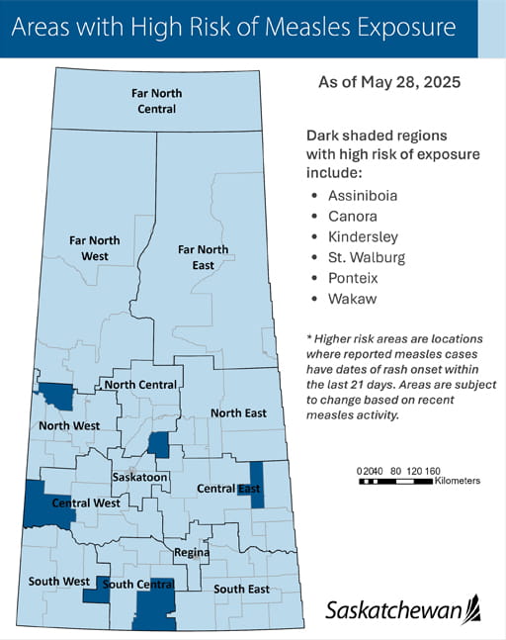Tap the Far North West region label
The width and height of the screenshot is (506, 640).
(x=95, y=248)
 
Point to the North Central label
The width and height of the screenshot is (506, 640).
(x=140, y=385)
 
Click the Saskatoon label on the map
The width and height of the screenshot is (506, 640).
(x=139, y=477)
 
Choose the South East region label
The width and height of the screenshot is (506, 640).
(x=242, y=590)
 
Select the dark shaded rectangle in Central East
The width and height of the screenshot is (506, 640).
(x=257, y=485)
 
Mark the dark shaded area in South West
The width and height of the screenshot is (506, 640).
(x=96, y=591)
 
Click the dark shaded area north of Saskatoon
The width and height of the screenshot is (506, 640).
(x=158, y=444)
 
